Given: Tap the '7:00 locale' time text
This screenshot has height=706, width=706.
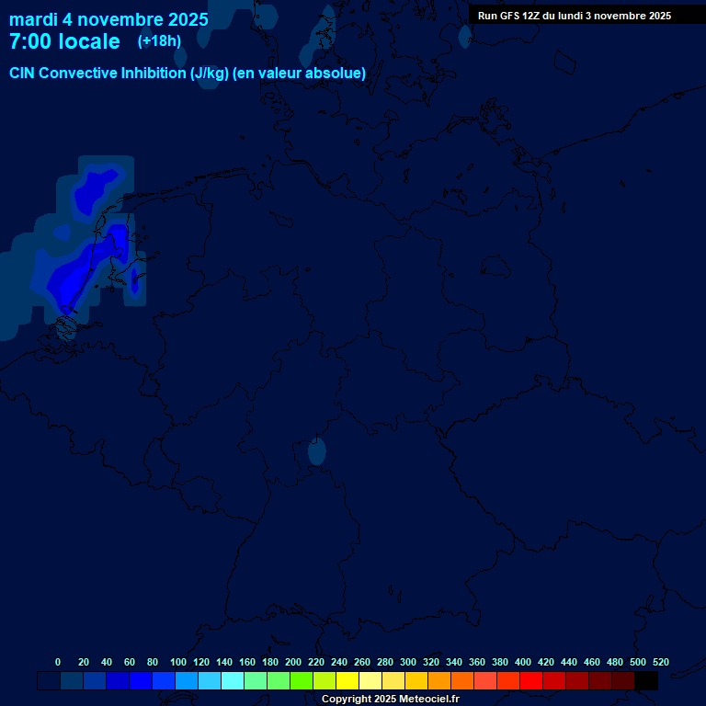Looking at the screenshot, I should (x=64, y=41).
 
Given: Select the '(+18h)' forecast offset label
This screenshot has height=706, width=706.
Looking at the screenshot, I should (x=159, y=40).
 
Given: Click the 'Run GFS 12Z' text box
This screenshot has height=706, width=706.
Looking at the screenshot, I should (x=575, y=16).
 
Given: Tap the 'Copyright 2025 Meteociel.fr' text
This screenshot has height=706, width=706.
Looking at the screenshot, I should (x=391, y=700).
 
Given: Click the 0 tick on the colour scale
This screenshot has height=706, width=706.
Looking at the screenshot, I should (x=58, y=662).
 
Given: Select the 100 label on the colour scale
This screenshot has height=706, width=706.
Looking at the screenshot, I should (x=178, y=662).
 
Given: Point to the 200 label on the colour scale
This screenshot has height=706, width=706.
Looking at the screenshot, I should (x=293, y=662).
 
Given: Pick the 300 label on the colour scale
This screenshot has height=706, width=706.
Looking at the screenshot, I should (x=408, y=662).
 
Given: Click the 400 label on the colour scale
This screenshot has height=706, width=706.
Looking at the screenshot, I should (x=523, y=662).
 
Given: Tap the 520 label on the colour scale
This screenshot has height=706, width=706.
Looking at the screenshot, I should (x=661, y=662).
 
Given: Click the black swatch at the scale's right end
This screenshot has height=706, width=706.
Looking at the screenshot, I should (x=646, y=681).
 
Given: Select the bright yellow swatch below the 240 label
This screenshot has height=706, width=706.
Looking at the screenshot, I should (x=347, y=681).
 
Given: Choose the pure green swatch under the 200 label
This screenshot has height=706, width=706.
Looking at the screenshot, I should (x=302, y=681).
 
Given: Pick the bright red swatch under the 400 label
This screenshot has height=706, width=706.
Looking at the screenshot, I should (x=531, y=681).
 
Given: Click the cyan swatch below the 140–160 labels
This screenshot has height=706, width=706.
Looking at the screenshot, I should (x=233, y=681).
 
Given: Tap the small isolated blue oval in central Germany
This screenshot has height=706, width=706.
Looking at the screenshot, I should (x=317, y=451).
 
